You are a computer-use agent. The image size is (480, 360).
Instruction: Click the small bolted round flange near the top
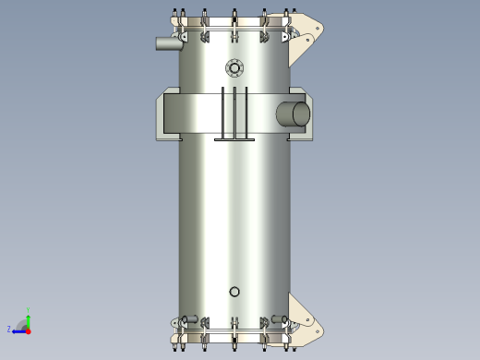(234, 67)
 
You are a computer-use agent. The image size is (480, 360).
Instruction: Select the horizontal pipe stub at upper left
(168, 42)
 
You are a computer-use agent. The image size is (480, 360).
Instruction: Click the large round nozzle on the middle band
(294, 114)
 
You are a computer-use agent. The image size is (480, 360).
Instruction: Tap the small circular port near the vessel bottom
(234, 292)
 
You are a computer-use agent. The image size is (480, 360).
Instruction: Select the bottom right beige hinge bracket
(305, 318)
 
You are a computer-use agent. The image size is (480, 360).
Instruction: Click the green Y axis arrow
(28, 318)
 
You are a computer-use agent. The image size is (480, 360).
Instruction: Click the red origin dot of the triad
(28, 330)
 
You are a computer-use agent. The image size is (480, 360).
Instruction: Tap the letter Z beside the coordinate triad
(9, 330)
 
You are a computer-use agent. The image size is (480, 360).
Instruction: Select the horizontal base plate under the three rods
(234, 139)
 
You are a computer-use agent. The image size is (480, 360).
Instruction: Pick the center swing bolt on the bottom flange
(234, 334)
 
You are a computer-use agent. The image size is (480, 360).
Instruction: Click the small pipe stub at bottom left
(191, 319)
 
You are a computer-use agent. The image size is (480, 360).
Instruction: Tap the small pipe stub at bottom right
(278, 319)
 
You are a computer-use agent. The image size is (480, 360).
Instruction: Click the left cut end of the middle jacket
(161, 114)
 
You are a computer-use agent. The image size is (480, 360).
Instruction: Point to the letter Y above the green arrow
(28, 309)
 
